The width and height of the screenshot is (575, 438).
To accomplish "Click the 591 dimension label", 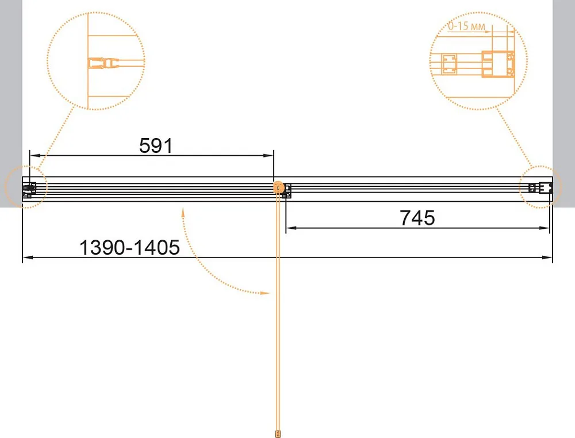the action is (x=156, y=146).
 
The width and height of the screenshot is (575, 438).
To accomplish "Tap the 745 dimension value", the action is (x=417, y=218).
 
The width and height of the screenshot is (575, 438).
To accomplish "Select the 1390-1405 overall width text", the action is (x=129, y=247).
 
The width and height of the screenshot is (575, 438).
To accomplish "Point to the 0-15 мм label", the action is (x=466, y=26).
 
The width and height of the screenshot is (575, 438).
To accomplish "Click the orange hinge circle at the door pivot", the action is (x=279, y=187).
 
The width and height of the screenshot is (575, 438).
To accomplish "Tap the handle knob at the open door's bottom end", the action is (x=278, y=433).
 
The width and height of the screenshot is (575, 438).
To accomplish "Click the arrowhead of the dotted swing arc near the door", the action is (x=264, y=293).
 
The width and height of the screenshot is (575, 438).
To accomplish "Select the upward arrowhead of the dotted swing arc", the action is (x=183, y=213).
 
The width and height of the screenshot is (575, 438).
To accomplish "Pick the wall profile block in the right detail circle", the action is (x=499, y=64).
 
